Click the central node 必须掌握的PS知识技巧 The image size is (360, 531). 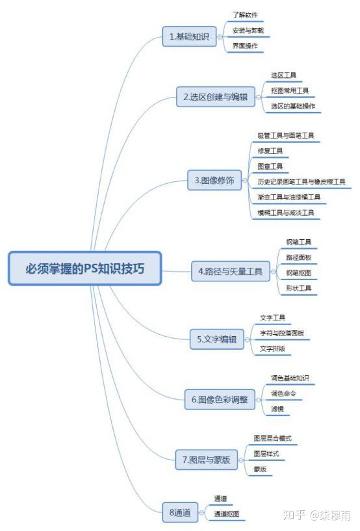[84, 268]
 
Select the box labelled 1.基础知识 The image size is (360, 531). [189, 36]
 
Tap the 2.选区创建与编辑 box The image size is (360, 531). [215, 97]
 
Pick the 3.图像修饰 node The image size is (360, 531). [214, 180]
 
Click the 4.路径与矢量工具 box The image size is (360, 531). [231, 271]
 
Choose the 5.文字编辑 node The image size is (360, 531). [217, 339]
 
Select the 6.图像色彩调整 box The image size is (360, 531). [220, 400]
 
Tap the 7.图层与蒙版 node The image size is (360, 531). [206, 460]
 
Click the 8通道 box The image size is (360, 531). [180, 512]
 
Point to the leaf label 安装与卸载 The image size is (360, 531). [248, 31]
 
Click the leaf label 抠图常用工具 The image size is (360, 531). [290, 90]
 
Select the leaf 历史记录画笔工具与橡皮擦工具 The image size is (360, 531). [302, 181]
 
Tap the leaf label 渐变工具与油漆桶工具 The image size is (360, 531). [289, 197]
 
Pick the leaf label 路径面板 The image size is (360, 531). [298, 257]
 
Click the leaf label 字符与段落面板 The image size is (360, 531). [282, 333]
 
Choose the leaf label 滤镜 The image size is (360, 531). [277, 409]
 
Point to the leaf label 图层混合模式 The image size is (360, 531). [273, 438]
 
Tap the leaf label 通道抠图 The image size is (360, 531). [227, 513]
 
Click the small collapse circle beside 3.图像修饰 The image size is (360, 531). [245, 181]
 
